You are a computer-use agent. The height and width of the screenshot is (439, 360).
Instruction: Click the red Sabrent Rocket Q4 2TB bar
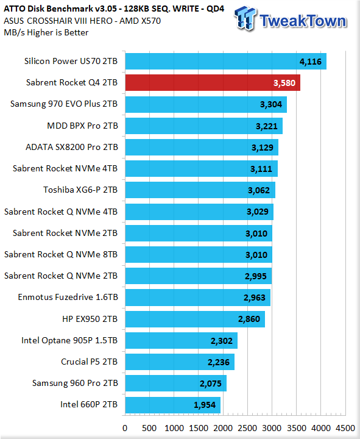213,82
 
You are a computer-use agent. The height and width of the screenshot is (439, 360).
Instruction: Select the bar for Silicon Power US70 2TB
226,62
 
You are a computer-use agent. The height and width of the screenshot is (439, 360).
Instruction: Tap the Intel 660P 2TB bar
173,405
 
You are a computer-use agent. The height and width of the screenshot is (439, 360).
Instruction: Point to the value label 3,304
271,104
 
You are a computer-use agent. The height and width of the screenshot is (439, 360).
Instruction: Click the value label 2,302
222,341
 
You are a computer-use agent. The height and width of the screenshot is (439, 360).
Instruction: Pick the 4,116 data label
311,62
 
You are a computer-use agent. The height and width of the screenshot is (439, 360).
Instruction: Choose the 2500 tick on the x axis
247,428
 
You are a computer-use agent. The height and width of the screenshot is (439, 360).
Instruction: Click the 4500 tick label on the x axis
345,428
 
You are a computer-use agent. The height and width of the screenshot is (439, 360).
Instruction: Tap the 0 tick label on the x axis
125,428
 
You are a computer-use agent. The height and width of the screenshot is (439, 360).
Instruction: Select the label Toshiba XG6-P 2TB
80,190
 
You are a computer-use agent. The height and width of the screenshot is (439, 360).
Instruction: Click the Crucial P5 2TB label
89,362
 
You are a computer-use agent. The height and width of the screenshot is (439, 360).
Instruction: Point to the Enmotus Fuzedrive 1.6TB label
68,297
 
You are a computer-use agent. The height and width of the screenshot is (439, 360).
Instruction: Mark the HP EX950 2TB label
90,319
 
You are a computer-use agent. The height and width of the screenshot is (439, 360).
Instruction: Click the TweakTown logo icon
245,18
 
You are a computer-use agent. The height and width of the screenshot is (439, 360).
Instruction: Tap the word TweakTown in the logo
303,21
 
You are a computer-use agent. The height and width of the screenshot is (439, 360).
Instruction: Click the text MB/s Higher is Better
46,32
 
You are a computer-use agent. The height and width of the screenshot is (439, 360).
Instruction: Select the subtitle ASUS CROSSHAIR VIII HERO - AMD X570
82,21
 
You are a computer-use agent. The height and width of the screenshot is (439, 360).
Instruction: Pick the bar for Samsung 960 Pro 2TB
176,384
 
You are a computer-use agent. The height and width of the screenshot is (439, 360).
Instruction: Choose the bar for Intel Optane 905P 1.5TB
182,340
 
